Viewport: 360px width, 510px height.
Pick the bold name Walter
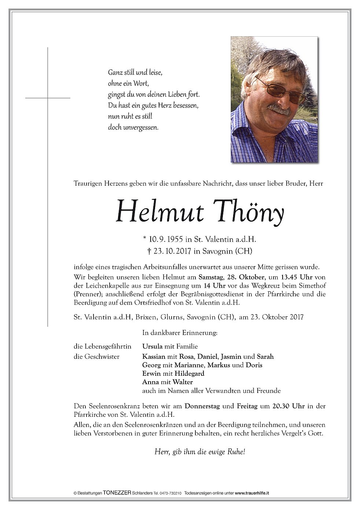coord(183,382)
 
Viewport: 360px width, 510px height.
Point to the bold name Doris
coord(254,365)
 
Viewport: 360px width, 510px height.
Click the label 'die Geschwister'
coord(96,356)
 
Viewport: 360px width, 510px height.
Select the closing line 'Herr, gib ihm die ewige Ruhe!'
coord(199,452)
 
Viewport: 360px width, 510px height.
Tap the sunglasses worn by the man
coord(280,89)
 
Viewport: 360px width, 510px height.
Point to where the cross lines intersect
coord(48,98)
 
